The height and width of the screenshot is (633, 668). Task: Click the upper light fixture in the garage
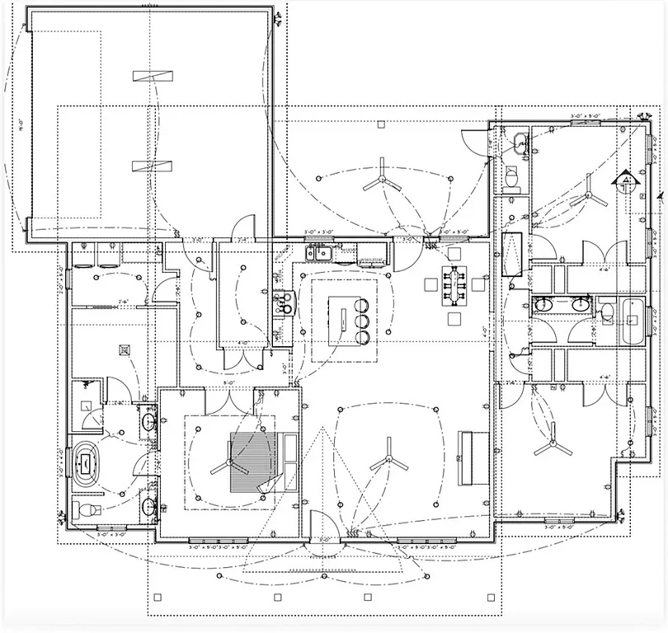(x=154, y=76)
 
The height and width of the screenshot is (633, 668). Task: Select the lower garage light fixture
(x=154, y=165)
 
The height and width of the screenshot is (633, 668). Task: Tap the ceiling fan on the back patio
(x=381, y=180)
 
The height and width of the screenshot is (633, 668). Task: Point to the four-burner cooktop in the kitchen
(x=285, y=305)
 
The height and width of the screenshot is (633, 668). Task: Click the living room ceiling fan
(x=388, y=462)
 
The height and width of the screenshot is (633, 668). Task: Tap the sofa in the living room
(x=468, y=457)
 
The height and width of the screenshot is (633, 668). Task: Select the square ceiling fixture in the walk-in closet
(x=125, y=349)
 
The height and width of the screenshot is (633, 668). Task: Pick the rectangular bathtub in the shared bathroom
(x=633, y=322)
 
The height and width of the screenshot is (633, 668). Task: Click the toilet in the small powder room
(x=510, y=177)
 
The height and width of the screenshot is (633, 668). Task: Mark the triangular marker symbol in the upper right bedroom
(x=627, y=180)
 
